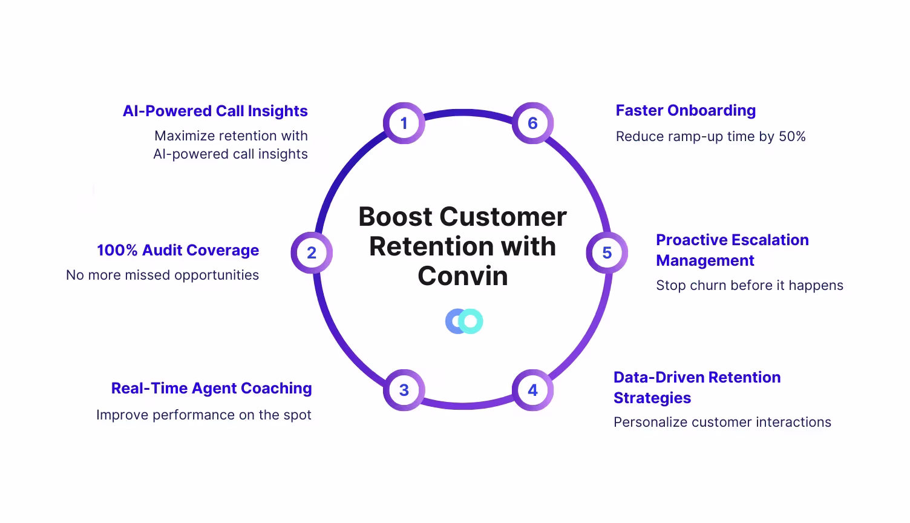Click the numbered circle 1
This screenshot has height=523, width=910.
404,123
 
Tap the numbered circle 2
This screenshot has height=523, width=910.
312,252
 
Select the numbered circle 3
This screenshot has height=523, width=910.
404,390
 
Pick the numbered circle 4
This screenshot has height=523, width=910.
532,390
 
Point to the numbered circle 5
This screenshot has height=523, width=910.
607,252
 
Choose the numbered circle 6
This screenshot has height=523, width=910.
532,123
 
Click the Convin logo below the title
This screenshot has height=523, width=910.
464,321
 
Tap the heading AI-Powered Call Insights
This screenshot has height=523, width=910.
215,111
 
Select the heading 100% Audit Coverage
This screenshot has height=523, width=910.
178,251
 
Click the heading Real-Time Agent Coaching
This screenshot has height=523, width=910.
211,389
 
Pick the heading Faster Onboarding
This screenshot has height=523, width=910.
686,111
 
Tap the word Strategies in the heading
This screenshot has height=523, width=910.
652,398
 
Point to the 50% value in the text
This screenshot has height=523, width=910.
792,137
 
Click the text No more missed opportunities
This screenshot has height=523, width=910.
162,275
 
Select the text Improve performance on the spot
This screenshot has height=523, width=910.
203,415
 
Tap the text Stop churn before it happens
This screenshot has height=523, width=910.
749,286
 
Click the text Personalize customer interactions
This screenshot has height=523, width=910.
722,423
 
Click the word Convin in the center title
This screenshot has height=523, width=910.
463,276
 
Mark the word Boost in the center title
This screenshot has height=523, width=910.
395,217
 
